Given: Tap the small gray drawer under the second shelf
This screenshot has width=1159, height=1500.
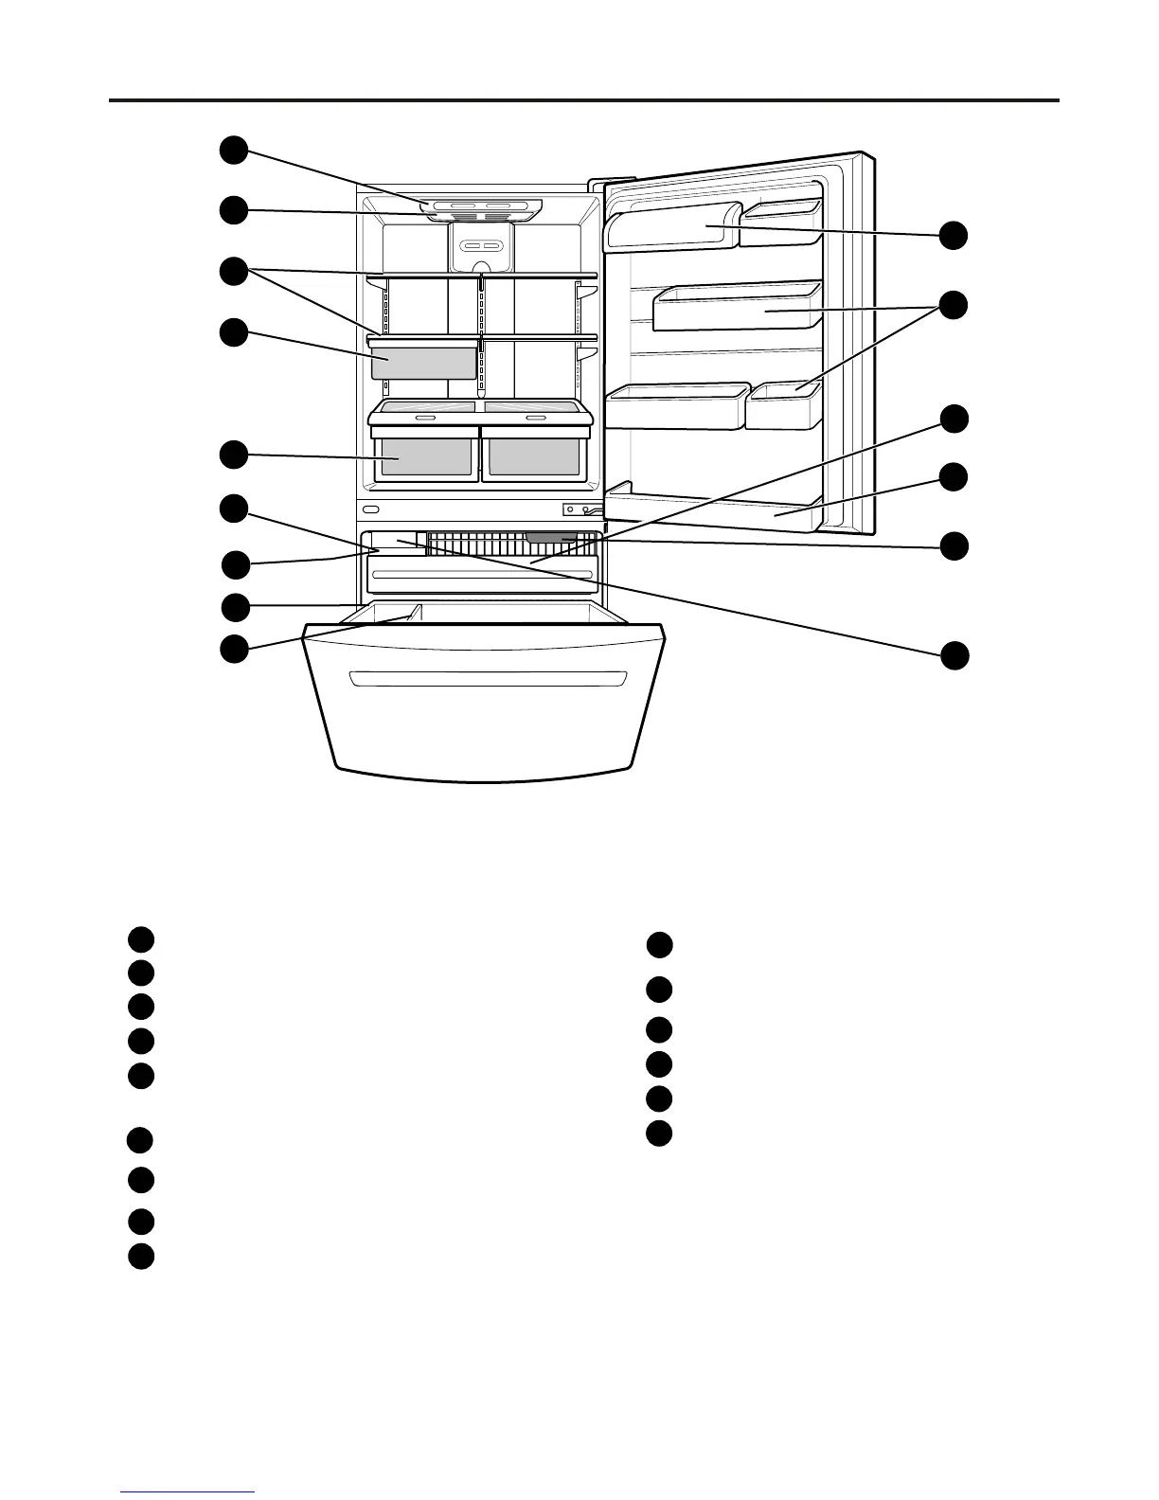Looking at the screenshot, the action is click(423, 362).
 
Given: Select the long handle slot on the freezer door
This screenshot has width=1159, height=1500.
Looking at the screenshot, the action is click(488, 678).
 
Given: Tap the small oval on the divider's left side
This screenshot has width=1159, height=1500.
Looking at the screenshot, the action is click(370, 509).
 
